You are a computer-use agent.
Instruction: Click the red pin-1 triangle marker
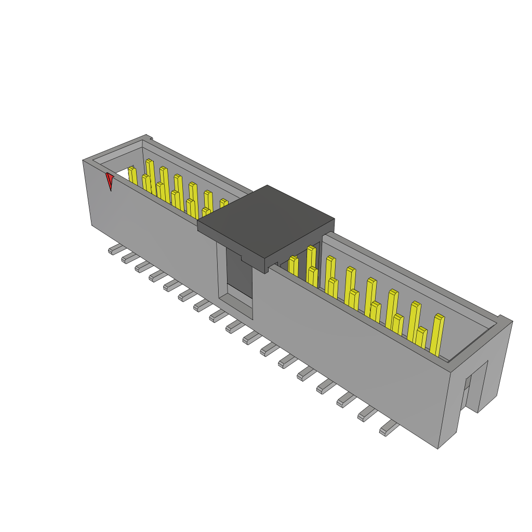109,181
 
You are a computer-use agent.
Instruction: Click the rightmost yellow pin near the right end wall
437,335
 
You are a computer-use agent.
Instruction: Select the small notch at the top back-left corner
149,138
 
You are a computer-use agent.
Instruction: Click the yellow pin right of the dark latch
294,265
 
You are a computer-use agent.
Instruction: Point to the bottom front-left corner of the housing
92,224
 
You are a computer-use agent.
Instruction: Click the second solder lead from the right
367,414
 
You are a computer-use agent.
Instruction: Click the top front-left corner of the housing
84,161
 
